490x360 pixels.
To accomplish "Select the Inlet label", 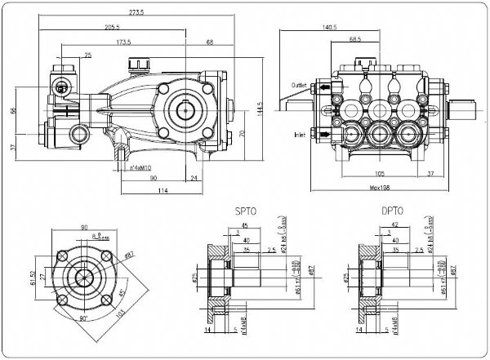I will click(299, 133).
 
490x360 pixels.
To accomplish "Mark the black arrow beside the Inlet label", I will click(327, 132).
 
